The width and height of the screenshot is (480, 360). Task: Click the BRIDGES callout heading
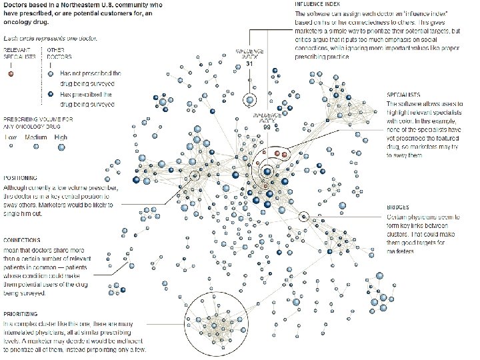point(398,207)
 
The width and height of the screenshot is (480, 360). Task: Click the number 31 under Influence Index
point(249,63)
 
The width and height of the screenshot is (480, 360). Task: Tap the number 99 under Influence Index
point(266,127)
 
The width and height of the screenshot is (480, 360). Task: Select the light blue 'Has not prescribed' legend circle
point(50,74)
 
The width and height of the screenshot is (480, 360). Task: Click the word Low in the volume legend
point(11,137)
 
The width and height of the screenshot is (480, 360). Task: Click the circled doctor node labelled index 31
point(249,101)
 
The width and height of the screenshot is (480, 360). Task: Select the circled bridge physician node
point(304,216)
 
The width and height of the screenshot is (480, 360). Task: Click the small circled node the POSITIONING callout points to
point(195,175)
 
